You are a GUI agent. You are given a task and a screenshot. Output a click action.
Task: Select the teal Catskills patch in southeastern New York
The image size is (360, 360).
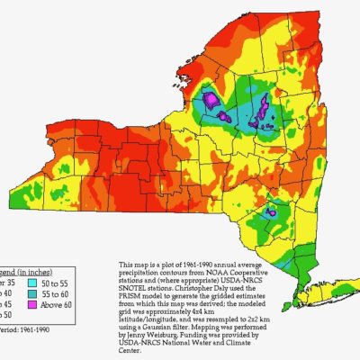270,213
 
